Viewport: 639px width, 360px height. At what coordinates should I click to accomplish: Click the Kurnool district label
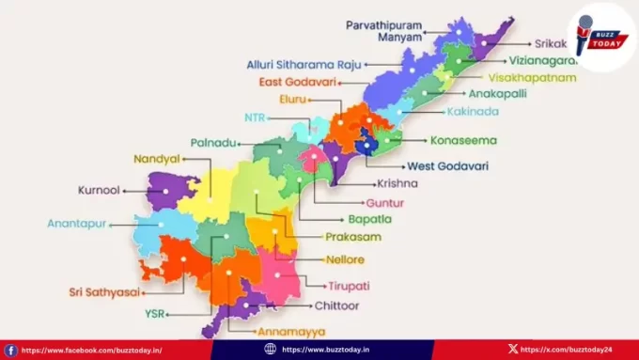[98, 190]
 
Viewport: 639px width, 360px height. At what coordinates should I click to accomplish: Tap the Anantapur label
[77, 224]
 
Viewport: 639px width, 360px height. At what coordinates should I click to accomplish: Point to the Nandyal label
[156, 159]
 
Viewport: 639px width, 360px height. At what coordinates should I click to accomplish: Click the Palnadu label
[213, 142]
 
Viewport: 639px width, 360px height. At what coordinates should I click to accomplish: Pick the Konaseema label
[463, 141]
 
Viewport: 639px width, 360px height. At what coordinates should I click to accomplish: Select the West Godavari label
[447, 166]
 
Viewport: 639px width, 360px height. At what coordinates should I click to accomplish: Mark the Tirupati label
[349, 285]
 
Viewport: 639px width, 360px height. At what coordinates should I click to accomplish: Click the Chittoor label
[337, 306]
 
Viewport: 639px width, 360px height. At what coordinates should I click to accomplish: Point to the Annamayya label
[291, 331]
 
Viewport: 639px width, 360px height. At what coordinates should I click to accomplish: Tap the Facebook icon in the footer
[11, 350]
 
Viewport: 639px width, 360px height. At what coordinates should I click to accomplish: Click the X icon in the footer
[512, 350]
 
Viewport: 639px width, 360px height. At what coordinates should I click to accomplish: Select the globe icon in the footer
[271, 350]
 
